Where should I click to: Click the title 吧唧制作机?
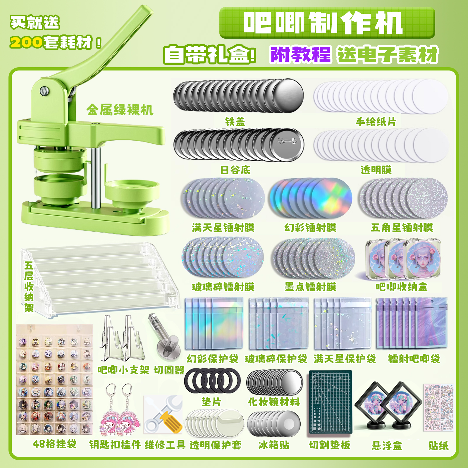coord(323,23)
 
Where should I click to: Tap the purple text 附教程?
coord(300,55)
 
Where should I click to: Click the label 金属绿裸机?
coord(120,110)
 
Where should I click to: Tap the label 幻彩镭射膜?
coord(310,228)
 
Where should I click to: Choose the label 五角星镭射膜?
coord(402,228)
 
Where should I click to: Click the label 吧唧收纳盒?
coord(402,287)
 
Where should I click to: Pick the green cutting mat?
coord(331,402)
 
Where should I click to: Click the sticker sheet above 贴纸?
coord(438,407)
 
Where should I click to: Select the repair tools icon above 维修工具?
coord(163,415)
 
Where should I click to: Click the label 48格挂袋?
coord(55,444)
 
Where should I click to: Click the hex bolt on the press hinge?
coord(44,91)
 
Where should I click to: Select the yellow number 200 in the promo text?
coord(26,43)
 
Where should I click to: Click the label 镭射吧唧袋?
coord(414,359)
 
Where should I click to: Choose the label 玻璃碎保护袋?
coord(276,359)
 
